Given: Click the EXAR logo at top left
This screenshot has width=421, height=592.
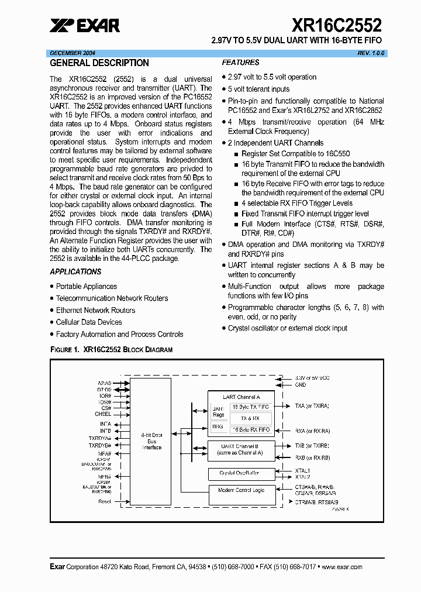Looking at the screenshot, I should (x=85, y=25).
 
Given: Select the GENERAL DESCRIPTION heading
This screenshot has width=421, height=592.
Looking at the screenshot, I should (x=99, y=63).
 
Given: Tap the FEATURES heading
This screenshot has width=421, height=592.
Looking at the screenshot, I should (x=240, y=63).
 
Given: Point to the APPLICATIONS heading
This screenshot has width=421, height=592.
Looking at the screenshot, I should (x=75, y=271).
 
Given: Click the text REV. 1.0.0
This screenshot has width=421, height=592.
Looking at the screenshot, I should (x=372, y=53).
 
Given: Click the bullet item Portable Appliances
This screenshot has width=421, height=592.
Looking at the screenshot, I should (x=86, y=286).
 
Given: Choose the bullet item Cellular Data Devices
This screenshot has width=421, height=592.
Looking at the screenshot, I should (x=89, y=322).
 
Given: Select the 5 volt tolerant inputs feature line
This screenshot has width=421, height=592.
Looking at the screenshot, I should (x=258, y=89).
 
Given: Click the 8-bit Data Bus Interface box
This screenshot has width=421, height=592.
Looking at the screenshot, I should (x=151, y=441).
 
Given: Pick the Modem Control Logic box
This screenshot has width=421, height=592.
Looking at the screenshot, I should (x=241, y=490).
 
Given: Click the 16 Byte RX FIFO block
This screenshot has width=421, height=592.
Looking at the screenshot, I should (x=251, y=429).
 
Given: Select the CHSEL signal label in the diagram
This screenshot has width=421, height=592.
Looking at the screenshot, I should (x=103, y=414).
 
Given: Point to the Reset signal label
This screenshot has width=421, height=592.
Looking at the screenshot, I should (x=105, y=501).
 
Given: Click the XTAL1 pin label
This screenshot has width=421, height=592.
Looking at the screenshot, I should (x=303, y=470).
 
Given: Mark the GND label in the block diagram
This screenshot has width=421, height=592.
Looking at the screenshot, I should (x=301, y=385).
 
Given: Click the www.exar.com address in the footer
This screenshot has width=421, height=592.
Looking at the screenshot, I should (x=342, y=567).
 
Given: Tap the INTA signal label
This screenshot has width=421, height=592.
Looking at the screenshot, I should (x=105, y=423).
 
